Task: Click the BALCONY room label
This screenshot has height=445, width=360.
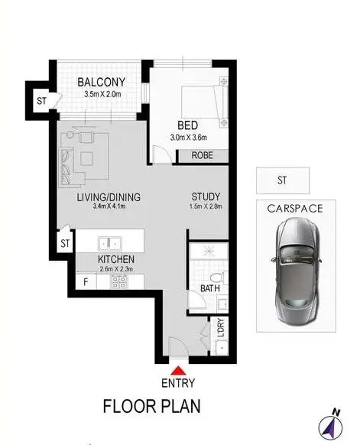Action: tap(102, 83)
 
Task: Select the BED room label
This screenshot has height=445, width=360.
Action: tap(189, 125)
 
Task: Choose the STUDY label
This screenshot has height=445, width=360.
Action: tap(205, 195)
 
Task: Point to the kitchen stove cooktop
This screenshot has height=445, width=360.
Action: tap(120, 281)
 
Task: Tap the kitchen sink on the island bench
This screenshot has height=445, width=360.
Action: tap(109, 242)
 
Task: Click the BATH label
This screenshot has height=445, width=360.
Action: tap(209, 289)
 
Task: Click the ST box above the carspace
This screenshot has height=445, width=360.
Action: tap(283, 181)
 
